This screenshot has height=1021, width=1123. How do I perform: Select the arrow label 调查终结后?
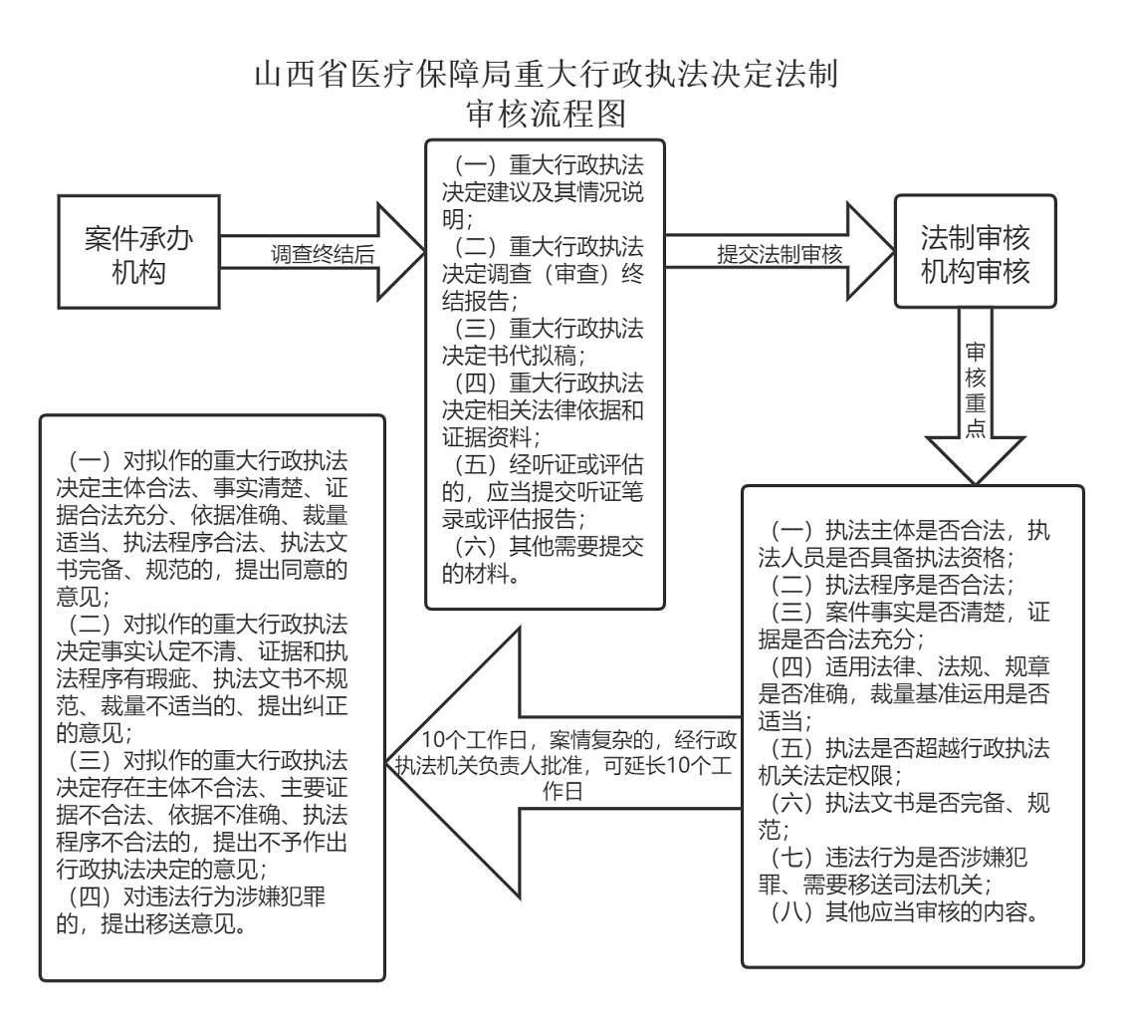tap(324, 254)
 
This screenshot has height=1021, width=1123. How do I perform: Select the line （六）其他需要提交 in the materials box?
tap(547, 547)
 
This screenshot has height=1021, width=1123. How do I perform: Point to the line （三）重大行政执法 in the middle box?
tap(547, 328)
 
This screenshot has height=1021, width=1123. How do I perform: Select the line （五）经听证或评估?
tap(547, 464)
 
